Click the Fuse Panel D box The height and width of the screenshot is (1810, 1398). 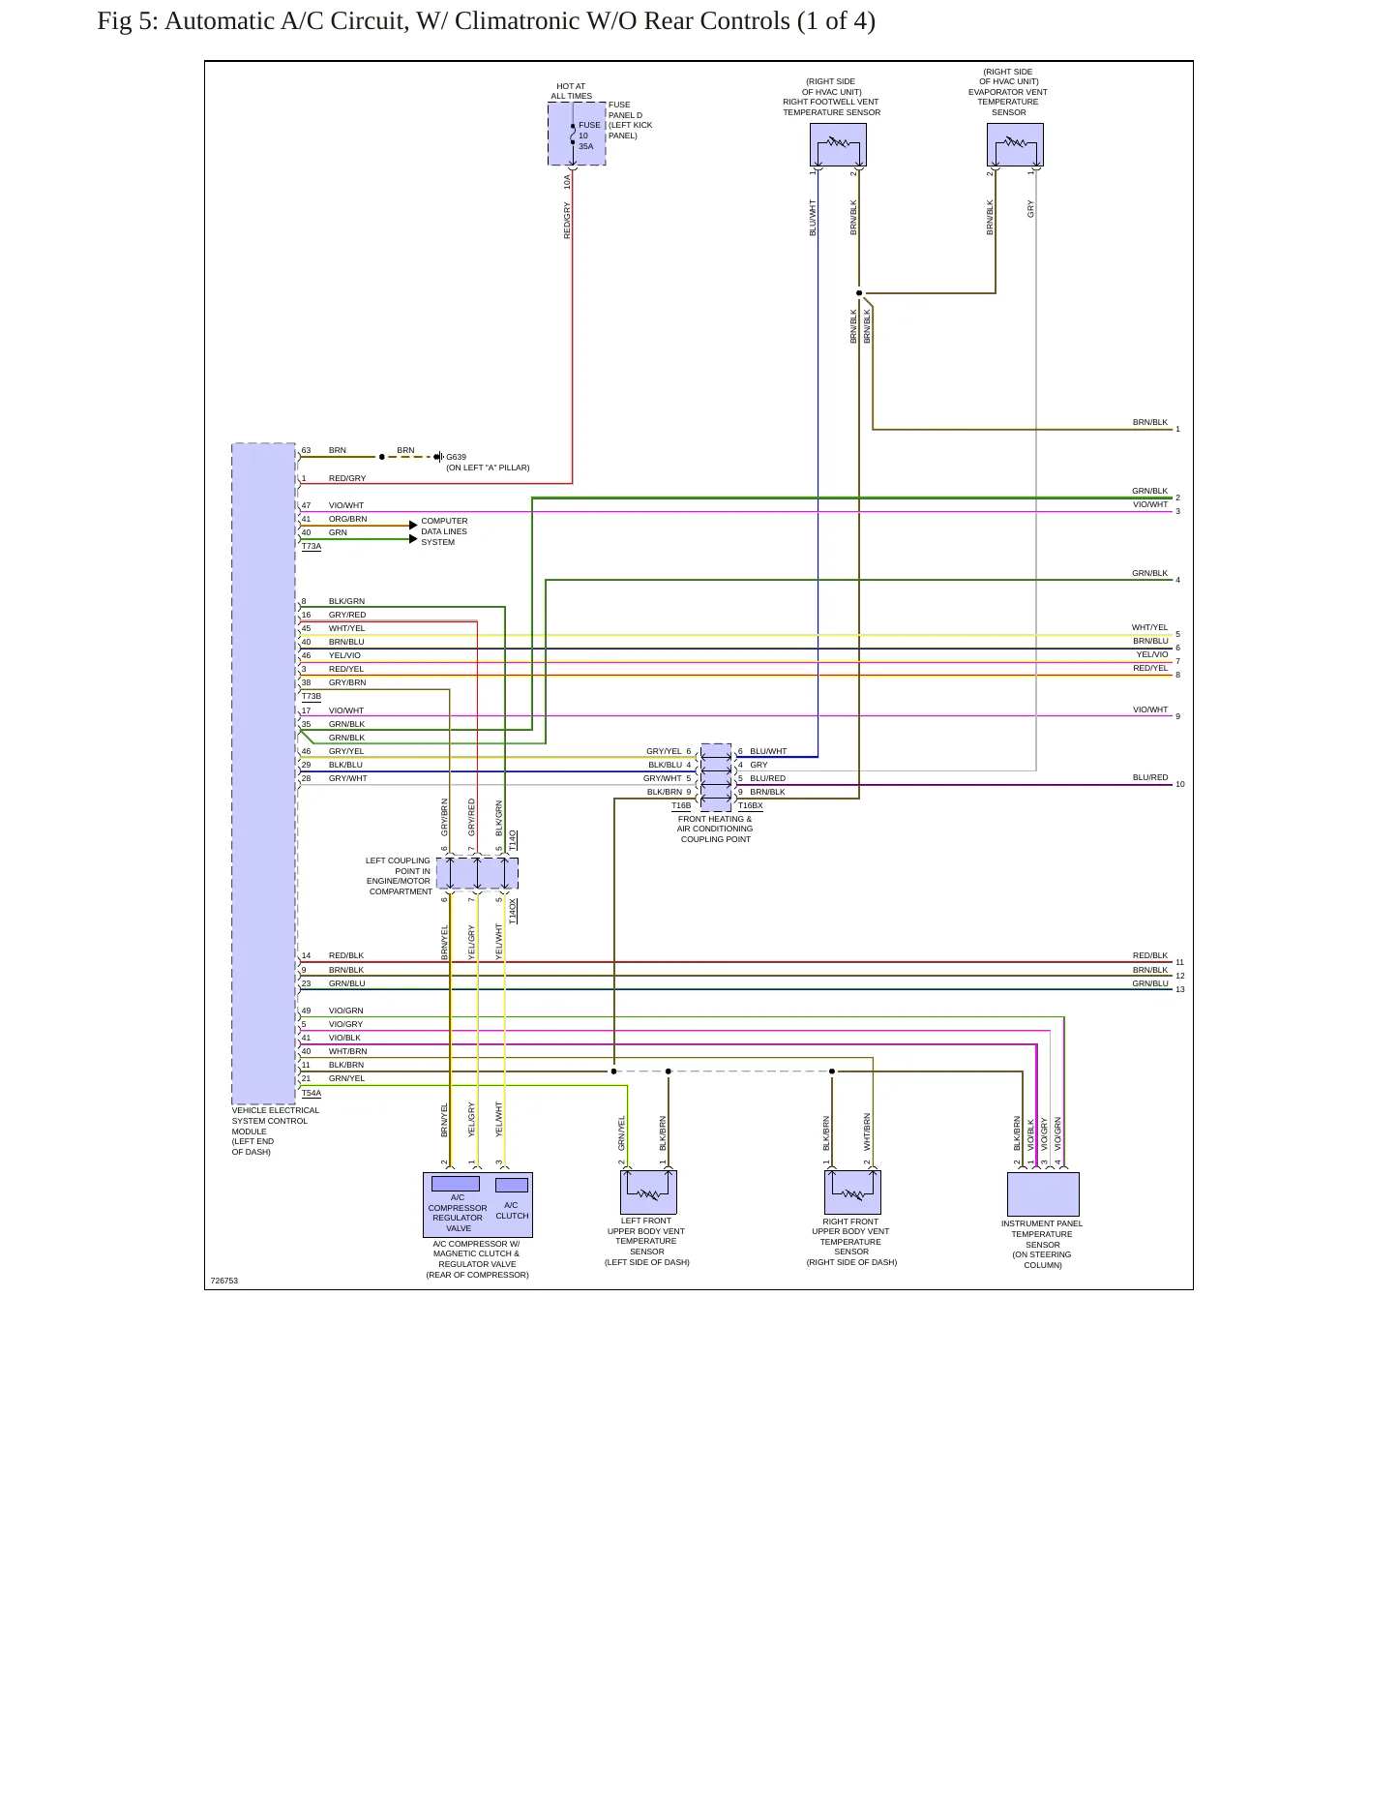click(577, 134)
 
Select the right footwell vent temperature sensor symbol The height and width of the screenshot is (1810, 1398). click(838, 145)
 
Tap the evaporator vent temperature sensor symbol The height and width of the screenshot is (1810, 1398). click(1015, 145)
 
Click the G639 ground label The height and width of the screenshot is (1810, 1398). click(456, 457)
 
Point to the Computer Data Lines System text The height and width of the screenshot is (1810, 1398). click(444, 531)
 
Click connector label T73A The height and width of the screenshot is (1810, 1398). click(312, 547)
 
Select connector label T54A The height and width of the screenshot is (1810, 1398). click(312, 1094)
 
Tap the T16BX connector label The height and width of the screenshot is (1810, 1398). click(751, 806)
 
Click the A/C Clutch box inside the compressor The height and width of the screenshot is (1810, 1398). click(512, 1185)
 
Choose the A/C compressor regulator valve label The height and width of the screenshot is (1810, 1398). click(458, 1213)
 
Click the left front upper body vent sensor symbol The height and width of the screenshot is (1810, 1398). click(648, 1192)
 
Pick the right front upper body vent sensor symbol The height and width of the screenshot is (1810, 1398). click(852, 1192)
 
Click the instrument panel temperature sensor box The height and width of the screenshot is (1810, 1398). click(1043, 1194)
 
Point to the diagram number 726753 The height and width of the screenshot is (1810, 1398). click(224, 1281)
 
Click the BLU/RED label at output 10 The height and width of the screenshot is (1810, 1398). click(1150, 777)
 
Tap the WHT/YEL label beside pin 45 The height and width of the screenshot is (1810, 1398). click(347, 628)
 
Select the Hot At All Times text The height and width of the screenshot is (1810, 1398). click(571, 91)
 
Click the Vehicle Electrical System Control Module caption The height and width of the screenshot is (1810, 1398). click(276, 1131)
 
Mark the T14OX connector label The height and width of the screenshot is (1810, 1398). click(513, 912)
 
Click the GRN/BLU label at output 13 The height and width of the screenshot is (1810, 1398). click(1150, 983)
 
